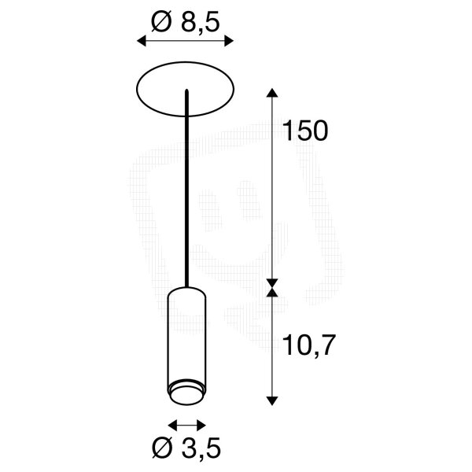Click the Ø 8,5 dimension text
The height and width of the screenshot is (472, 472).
point(186,21)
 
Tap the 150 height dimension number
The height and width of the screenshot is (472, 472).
point(305,131)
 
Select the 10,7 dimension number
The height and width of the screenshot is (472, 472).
point(308,346)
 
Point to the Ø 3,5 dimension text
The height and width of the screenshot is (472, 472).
point(186,448)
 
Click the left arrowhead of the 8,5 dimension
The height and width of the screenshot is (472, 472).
point(142,41)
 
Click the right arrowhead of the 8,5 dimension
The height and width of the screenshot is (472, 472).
point(229,41)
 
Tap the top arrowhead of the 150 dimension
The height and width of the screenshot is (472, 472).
point(272,93)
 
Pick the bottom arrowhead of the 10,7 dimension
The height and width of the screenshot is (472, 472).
point(272,400)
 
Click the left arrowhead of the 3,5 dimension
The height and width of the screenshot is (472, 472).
point(171,426)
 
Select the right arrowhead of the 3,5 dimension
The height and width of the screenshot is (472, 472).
point(201,426)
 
